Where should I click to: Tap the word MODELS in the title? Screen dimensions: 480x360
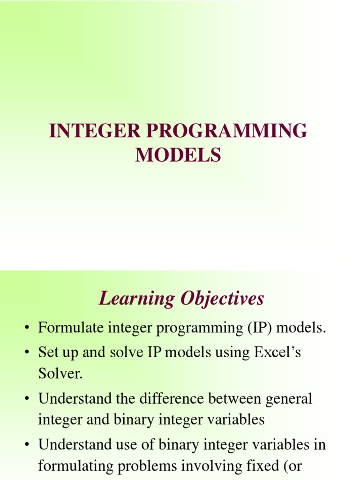coord(178,155)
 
